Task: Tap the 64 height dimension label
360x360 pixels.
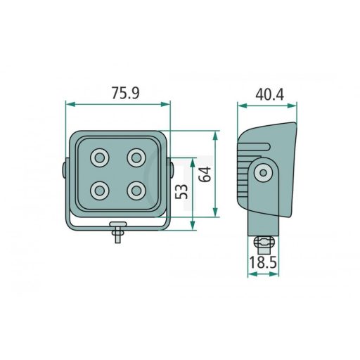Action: [x=205, y=174]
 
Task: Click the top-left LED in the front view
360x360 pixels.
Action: [x=100, y=157]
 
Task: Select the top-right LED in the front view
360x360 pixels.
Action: [x=136, y=157]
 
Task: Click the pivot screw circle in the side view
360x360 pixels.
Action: [x=264, y=173]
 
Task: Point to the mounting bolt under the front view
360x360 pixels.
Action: [x=118, y=231]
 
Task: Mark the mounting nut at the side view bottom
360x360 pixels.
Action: [x=263, y=243]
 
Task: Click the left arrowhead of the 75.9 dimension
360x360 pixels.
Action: [x=69, y=105]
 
